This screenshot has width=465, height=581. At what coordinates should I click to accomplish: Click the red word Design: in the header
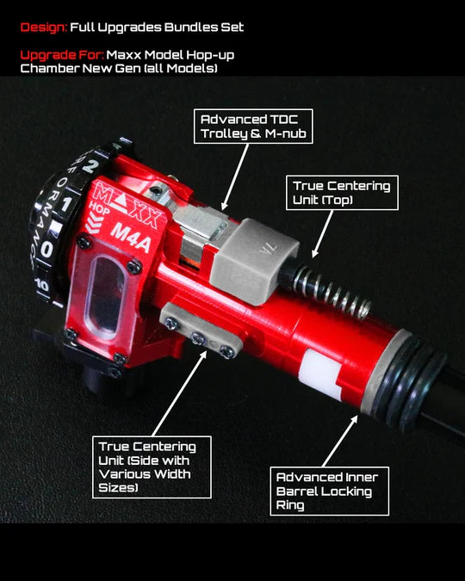coord(44,28)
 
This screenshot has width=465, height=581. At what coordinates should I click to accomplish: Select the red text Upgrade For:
coord(62,55)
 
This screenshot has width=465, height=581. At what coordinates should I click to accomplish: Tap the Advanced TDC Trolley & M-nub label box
coord(253,127)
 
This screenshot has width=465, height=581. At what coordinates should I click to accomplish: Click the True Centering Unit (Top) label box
coord(342,193)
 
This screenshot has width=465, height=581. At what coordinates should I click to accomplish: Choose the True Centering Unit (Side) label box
coord(152,467)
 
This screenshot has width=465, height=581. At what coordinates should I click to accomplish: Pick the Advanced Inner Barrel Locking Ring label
coord(329,491)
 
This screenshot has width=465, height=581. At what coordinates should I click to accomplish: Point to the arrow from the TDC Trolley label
coord(235,177)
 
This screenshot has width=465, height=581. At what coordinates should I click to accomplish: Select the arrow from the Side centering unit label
coord(179,393)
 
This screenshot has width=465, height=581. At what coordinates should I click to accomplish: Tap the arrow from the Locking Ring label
coord(340,441)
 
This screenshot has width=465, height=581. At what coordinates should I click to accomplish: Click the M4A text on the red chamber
coord(131,238)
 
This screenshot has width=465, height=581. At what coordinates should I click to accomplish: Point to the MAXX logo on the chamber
coord(126,207)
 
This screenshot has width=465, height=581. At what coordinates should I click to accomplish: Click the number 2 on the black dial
coord(89,165)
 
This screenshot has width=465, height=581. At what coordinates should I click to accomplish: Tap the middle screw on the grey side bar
coord(197,338)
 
